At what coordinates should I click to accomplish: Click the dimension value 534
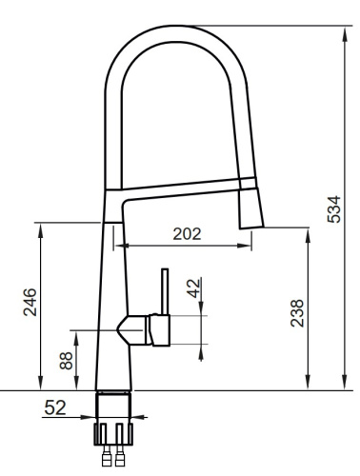point(333,205)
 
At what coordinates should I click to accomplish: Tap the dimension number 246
point(30,304)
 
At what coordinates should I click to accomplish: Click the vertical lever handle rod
point(164,291)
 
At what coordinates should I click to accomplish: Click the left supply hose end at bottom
point(106,459)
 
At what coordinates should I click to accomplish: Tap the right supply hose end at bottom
point(120,459)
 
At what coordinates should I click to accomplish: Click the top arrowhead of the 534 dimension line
point(342,30)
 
